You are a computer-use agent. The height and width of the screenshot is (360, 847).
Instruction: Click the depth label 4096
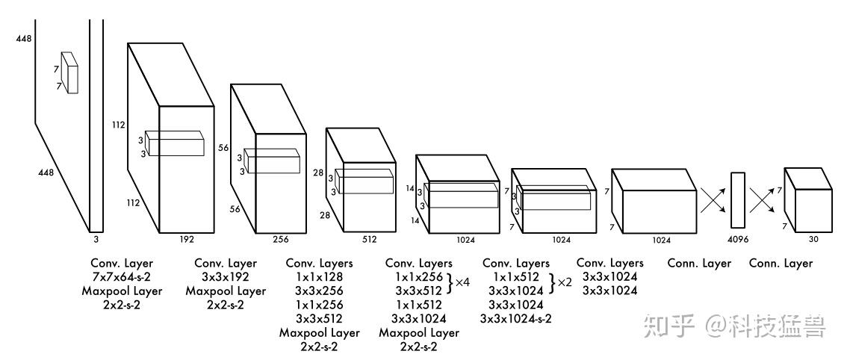(x=738, y=240)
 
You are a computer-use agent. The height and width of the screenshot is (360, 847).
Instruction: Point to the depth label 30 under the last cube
(x=813, y=240)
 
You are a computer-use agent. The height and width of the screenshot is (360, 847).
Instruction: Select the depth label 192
(x=187, y=240)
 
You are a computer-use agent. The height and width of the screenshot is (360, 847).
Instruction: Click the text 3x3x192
(x=225, y=277)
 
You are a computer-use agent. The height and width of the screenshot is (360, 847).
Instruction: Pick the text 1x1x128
(x=319, y=277)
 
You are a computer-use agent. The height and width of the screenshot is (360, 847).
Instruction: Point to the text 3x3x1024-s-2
(x=516, y=319)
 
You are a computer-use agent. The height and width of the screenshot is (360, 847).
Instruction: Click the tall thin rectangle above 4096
(x=738, y=200)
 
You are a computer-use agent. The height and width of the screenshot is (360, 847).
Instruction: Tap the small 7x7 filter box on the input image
(x=69, y=72)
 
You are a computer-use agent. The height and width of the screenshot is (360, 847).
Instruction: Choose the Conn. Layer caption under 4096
(x=700, y=263)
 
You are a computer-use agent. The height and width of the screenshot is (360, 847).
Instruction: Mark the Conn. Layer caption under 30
(x=781, y=263)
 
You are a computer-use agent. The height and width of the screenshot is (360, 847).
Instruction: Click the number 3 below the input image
(x=96, y=240)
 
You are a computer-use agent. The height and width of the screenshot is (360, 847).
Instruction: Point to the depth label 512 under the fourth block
(x=369, y=240)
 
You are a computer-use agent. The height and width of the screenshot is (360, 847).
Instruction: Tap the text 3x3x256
(x=319, y=291)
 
